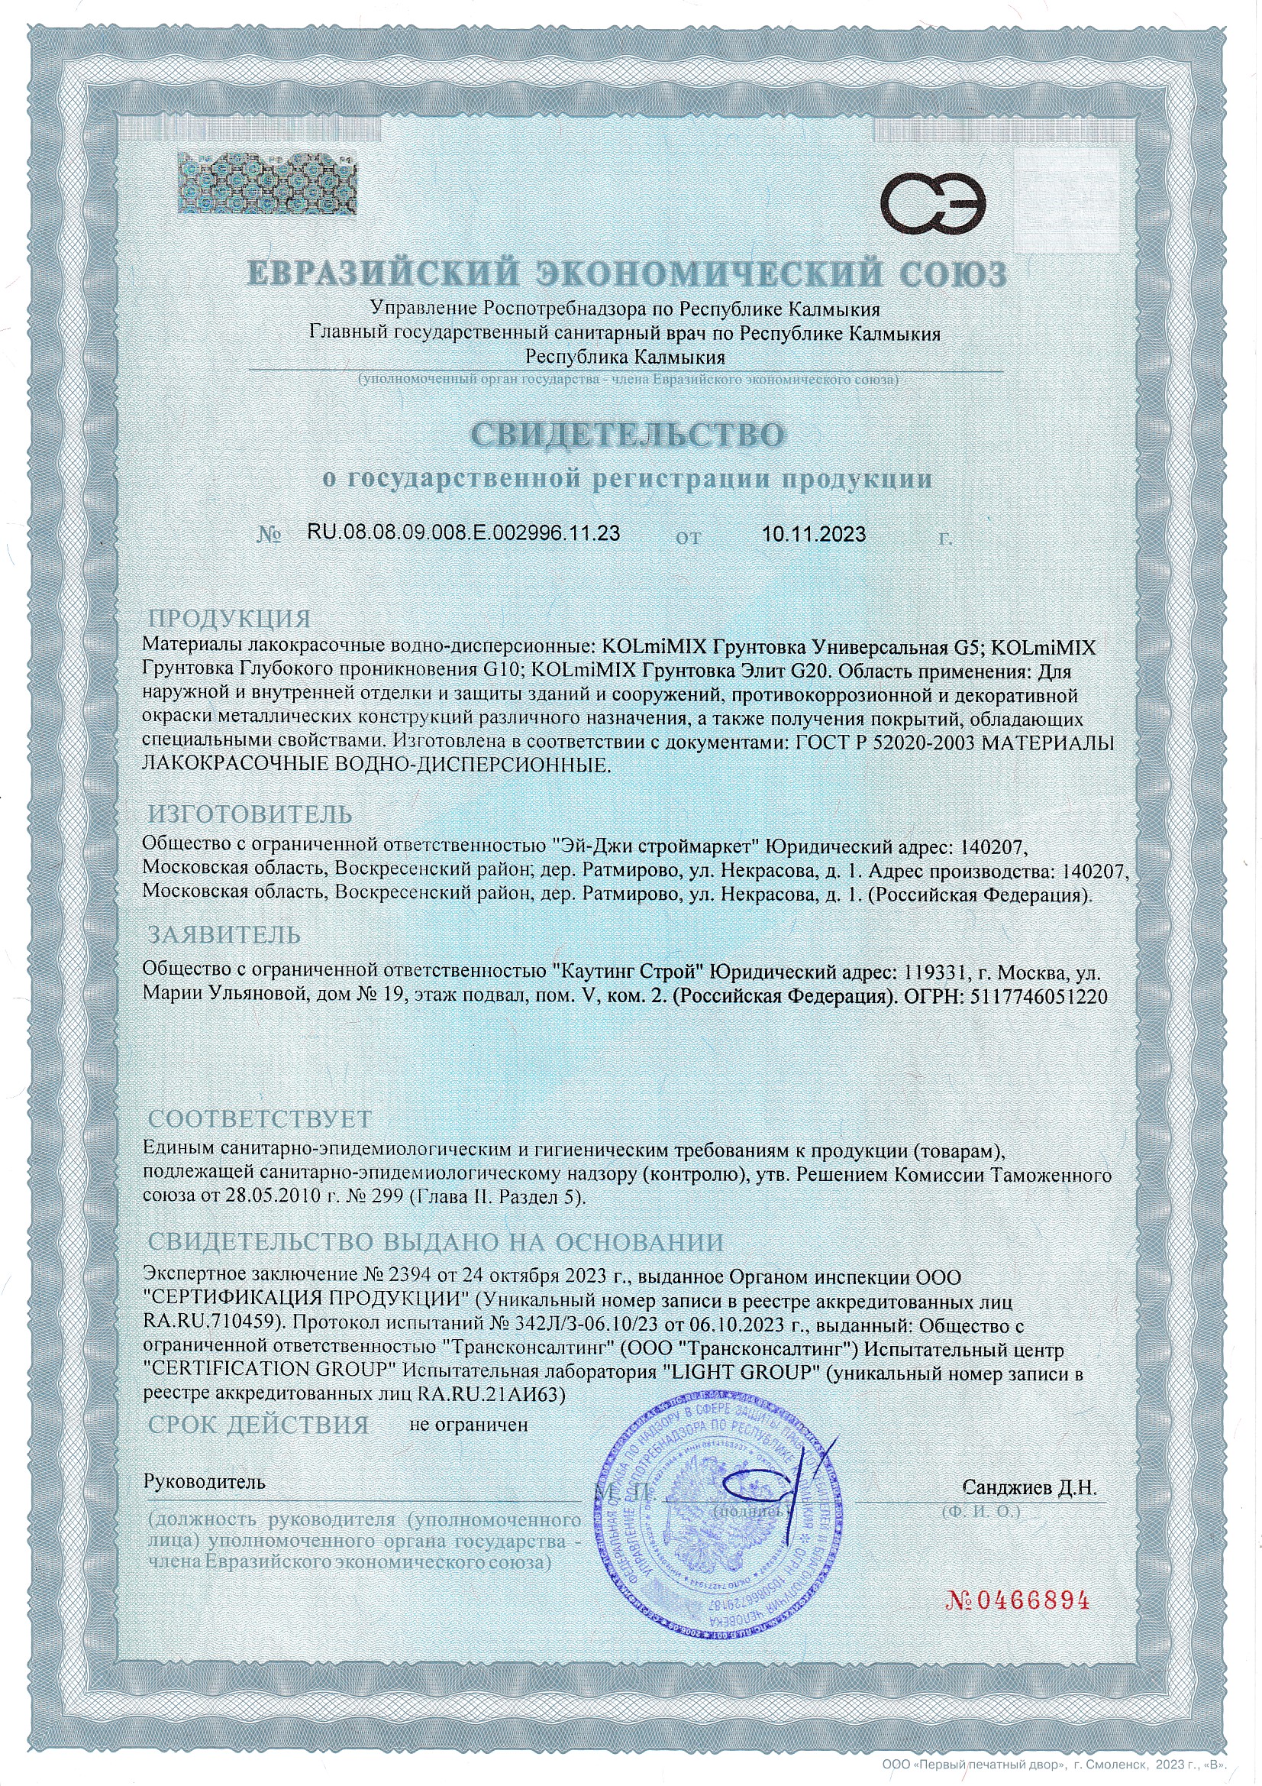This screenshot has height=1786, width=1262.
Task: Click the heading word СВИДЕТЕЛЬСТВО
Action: coord(628,435)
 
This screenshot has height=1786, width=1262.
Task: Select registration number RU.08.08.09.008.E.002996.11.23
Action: coord(463,533)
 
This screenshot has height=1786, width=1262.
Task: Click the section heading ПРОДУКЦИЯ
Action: coord(229,620)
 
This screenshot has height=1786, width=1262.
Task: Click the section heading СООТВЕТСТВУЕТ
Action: coord(260,1119)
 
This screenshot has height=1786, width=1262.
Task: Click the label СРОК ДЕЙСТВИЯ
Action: coord(258,1425)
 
